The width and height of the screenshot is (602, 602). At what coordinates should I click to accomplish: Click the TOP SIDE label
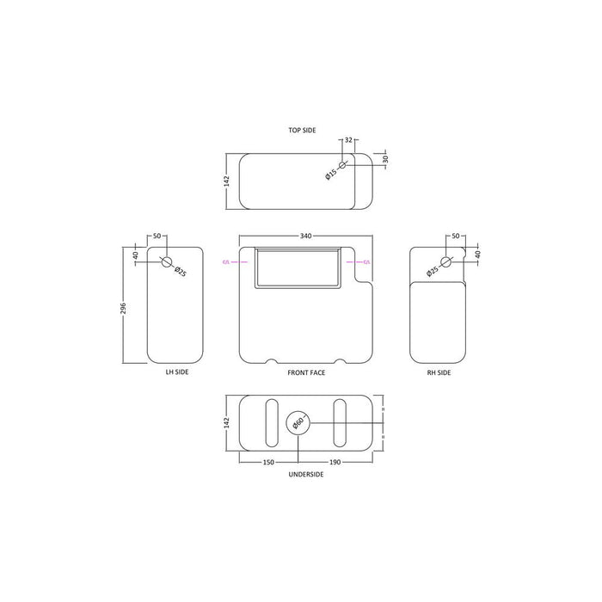pyautogui.click(x=302, y=130)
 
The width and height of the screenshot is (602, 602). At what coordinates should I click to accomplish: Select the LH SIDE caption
pyautogui.click(x=175, y=372)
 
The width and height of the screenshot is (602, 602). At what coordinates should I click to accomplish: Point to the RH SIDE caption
pyautogui.click(x=439, y=372)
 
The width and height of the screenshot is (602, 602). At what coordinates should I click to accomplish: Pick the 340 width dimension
pyautogui.click(x=305, y=236)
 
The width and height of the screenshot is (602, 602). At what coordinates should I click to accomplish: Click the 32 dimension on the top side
pyautogui.click(x=348, y=139)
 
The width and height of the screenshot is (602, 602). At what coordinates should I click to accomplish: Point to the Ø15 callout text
pyautogui.click(x=330, y=175)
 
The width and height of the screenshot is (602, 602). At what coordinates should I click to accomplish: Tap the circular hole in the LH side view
pyautogui.click(x=167, y=262)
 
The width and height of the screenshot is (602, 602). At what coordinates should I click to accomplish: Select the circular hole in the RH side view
pyautogui.click(x=445, y=262)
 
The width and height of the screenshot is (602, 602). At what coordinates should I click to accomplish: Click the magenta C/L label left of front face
pyautogui.click(x=226, y=261)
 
